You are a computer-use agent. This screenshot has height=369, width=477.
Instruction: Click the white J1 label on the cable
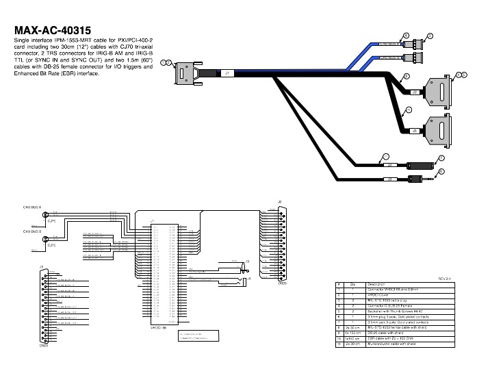pyautogui.click(x=227, y=71)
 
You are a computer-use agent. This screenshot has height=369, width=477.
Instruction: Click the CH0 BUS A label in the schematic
pyautogui.click(x=32, y=206)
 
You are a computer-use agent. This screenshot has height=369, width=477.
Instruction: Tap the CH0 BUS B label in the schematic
pyautogui.click(x=32, y=231)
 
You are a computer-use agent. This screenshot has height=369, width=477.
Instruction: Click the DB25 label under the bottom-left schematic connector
pyautogui.click(x=43, y=345)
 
